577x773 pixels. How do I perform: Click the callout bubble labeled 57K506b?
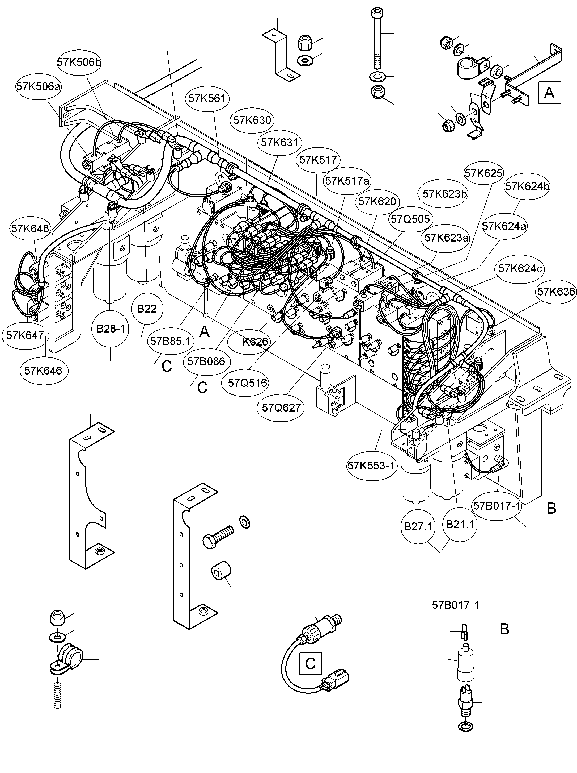79,62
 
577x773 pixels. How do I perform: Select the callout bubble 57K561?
207,98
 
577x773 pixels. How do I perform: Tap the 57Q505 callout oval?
410,219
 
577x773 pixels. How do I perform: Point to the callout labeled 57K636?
556,292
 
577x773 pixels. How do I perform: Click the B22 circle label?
147,309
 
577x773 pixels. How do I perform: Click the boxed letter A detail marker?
549,93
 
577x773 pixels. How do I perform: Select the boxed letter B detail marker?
504,629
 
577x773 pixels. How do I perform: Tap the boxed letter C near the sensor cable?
310,663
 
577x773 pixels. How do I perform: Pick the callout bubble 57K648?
30,228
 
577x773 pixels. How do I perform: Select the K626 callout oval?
255,342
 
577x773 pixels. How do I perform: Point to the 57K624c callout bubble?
520,269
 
